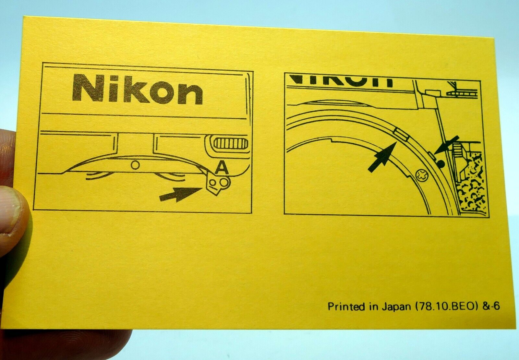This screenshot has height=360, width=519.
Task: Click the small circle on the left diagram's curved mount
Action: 135,165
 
